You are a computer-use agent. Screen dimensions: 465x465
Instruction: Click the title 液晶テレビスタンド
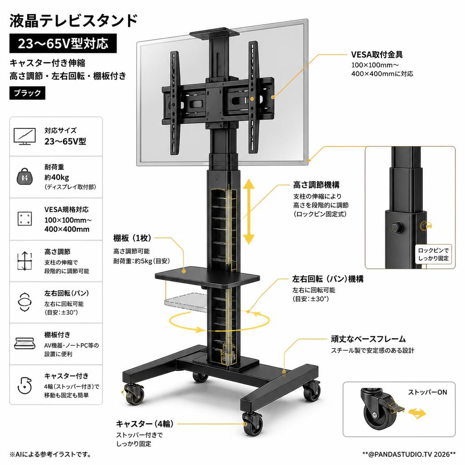pyautogui.click(x=73, y=21)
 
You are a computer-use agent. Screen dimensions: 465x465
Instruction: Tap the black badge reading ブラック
pyautogui.click(x=27, y=93)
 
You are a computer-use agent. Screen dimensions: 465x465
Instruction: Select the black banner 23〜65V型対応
pyautogui.click(x=63, y=44)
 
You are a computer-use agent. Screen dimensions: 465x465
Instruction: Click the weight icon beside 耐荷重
pyautogui.click(x=25, y=177)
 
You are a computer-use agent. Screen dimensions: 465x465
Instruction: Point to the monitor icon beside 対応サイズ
pyautogui.click(x=25, y=136)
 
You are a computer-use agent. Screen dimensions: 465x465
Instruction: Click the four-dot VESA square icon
pyautogui.click(x=25, y=219)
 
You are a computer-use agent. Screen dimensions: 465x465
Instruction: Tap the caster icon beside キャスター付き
pyautogui.click(x=25, y=385)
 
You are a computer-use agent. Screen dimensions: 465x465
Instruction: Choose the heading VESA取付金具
pyautogui.click(x=376, y=54)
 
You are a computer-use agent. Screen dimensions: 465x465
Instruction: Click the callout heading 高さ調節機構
pyautogui.click(x=316, y=185)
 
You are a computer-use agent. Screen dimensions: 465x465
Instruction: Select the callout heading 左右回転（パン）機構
pyautogui.click(x=328, y=279)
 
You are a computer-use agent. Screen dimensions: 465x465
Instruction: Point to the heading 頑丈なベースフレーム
pyautogui.click(x=368, y=339)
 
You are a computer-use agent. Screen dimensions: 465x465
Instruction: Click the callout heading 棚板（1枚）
pyautogui.click(x=132, y=238)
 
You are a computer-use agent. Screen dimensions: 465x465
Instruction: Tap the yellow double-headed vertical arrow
pyautogui.click(x=249, y=212)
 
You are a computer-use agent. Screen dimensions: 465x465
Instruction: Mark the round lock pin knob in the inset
pyautogui.click(x=396, y=227)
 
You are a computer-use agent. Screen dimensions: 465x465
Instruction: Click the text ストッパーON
pyautogui.click(x=427, y=392)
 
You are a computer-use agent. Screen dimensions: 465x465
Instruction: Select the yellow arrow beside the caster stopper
pyautogui.click(x=417, y=413)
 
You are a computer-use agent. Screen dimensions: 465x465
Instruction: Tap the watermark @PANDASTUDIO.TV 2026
pyautogui.click(x=409, y=454)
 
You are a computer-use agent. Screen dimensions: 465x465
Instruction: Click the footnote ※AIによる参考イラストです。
pyautogui.click(x=51, y=454)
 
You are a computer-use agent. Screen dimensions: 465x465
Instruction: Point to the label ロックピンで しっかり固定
pyautogui.click(x=433, y=254)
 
